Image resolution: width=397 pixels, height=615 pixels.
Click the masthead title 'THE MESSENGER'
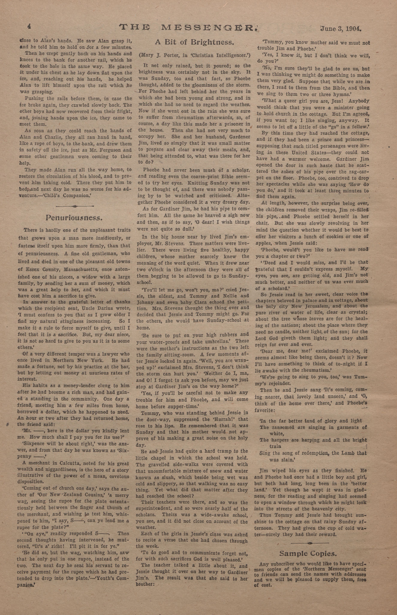(188, 27)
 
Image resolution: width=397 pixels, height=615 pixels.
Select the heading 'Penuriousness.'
(74, 218)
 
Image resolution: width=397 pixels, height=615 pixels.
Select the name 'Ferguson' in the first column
(106, 150)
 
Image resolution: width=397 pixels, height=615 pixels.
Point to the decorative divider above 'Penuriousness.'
(75, 206)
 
